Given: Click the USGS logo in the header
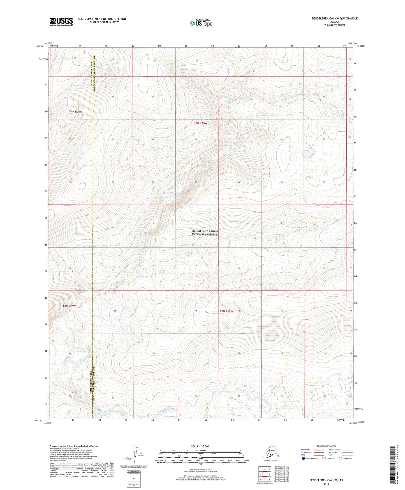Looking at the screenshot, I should click(x=61, y=22).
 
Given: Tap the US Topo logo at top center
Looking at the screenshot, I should click(x=201, y=23).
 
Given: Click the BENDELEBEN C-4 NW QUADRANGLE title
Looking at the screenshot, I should click(x=334, y=19).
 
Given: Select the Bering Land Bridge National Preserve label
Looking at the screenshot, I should click(x=205, y=233).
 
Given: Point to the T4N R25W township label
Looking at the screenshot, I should click(x=200, y=123).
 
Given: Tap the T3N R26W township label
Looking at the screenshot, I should click(x=69, y=306).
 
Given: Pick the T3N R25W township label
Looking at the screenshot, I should click(x=226, y=311).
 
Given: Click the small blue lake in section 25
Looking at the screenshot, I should click(x=308, y=154).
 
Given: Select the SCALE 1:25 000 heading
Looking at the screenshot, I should click(x=200, y=446).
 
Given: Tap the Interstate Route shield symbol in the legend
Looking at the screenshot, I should click(x=303, y=459).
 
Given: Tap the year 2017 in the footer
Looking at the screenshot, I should click(x=326, y=484).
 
